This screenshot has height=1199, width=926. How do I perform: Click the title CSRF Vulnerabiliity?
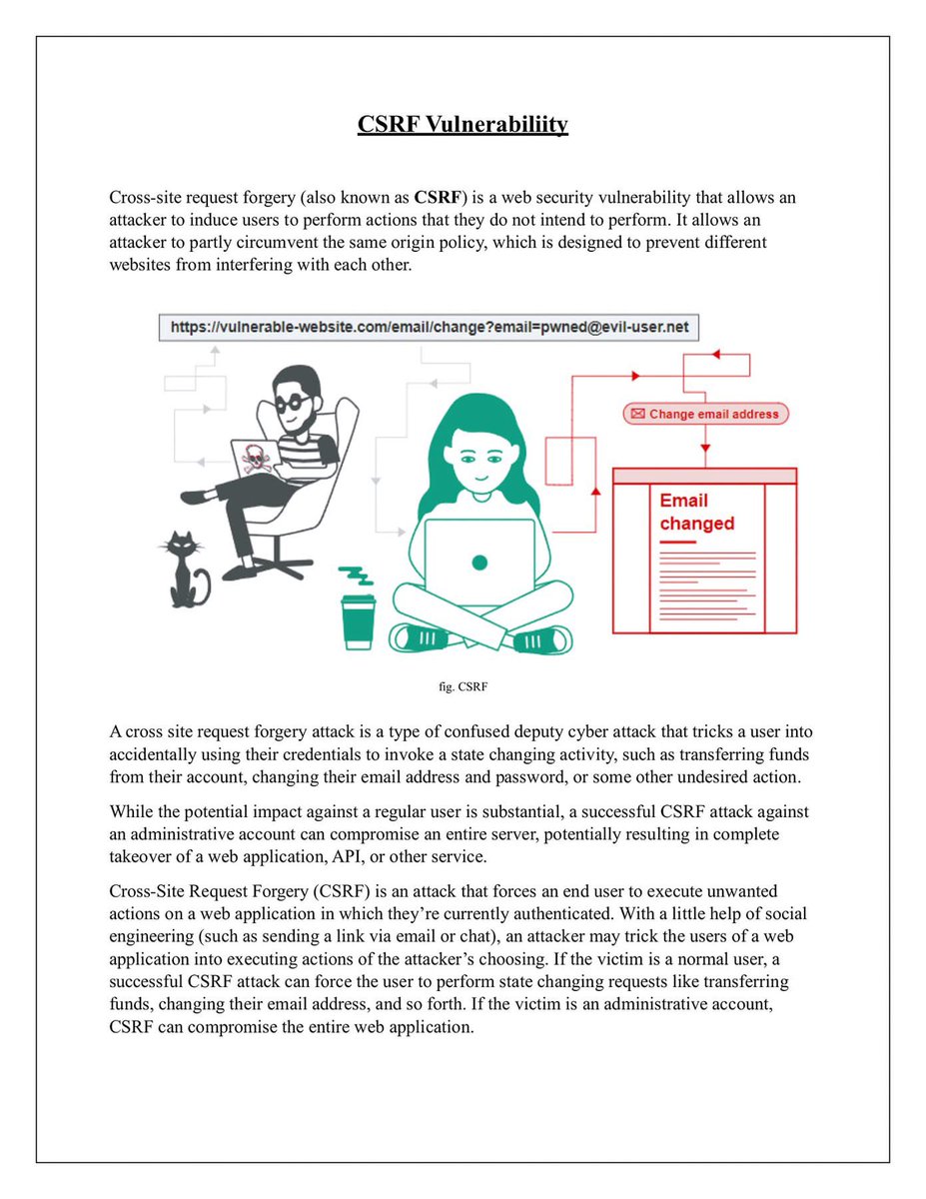(463, 125)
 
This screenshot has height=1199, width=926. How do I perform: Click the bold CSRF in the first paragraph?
(435, 198)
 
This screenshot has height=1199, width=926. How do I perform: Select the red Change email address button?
(705, 414)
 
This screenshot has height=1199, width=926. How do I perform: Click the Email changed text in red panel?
(696, 512)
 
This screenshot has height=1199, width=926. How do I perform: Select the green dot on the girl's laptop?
(479, 563)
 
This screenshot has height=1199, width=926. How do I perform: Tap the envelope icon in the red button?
(637, 414)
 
